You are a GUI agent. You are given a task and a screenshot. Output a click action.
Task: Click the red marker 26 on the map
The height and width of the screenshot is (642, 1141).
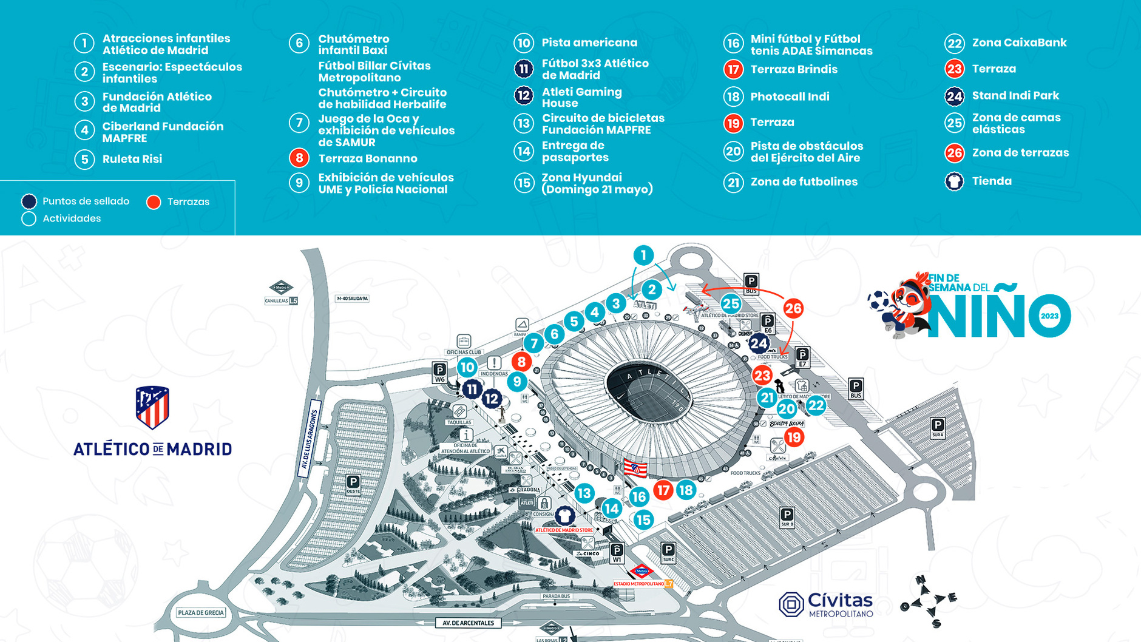pos(793,308)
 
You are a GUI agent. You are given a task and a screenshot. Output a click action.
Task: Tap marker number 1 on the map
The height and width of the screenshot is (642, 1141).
pos(643,255)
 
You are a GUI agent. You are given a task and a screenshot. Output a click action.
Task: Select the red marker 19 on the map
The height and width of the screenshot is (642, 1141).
pos(794,437)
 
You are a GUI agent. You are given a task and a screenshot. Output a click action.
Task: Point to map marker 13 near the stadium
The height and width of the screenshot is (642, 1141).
pos(584,493)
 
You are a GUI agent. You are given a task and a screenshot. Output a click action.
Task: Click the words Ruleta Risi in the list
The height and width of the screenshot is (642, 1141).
pos(132,159)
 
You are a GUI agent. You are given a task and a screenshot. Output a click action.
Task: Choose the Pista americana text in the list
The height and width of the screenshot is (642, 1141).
pos(589,42)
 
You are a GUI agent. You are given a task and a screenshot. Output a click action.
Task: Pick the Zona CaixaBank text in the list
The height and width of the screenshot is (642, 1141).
pos(1019,42)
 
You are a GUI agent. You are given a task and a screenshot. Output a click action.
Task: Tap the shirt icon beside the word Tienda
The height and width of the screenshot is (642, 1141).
pos(954,181)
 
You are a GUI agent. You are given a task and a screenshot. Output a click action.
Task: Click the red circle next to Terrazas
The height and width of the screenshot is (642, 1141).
pos(154,202)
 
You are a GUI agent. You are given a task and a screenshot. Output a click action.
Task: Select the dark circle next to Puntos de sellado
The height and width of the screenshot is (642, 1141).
pos(29,201)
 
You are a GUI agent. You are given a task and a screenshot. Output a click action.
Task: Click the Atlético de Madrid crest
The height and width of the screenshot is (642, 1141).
pos(152,407)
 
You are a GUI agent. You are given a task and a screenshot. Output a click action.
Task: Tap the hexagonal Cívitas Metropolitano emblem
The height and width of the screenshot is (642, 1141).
pos(791,604)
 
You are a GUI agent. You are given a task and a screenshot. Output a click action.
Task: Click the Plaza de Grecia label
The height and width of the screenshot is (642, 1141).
pos(201,613)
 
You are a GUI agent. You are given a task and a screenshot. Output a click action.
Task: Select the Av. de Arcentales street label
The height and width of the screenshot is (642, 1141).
pos(468,623)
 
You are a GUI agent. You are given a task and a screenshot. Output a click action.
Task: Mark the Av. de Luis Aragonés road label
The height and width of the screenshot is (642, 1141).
pos(310,439)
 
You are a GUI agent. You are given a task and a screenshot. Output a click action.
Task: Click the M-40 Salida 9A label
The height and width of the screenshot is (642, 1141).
pos(352,299)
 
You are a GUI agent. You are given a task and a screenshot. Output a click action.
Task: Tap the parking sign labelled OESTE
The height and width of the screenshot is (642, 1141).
pos(353,485)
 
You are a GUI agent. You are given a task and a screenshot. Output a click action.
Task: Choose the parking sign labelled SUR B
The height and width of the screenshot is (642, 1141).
pos(787,518)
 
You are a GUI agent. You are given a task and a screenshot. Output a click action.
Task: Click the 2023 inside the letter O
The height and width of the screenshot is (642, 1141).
pos(1049,316)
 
